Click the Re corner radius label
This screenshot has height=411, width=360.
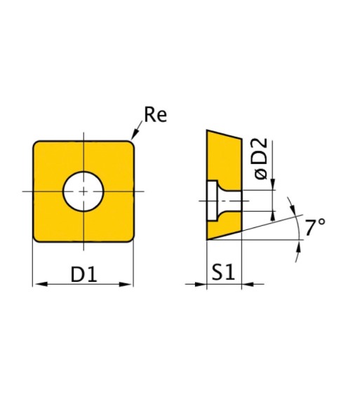156,115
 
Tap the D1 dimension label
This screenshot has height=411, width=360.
84,275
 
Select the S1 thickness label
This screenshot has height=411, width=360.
223,272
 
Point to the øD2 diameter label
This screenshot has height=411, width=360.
261,159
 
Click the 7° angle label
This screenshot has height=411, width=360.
315,227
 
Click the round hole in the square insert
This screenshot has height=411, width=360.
84,191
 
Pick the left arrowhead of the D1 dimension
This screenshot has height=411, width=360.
41,284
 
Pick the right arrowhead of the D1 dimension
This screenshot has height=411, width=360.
125,284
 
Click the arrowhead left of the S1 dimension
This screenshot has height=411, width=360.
200,284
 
